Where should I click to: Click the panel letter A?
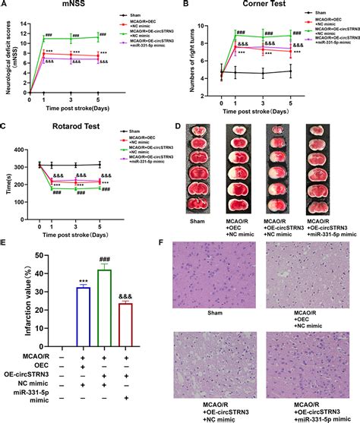click(5, 6)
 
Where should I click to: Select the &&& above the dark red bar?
click(127, 296)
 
